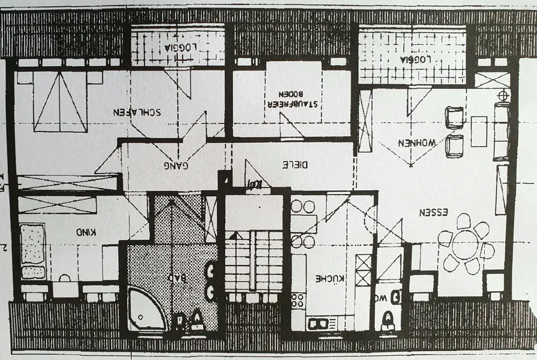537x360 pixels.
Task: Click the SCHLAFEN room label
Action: coord(137,112)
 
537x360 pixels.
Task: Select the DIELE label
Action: coord(295,165)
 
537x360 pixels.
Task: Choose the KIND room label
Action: coord(86,233)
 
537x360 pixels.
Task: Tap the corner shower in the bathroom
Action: coord(145,312)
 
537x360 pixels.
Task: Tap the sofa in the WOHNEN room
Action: coord(502,131)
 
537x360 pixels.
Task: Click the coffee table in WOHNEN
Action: coord(478,131)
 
